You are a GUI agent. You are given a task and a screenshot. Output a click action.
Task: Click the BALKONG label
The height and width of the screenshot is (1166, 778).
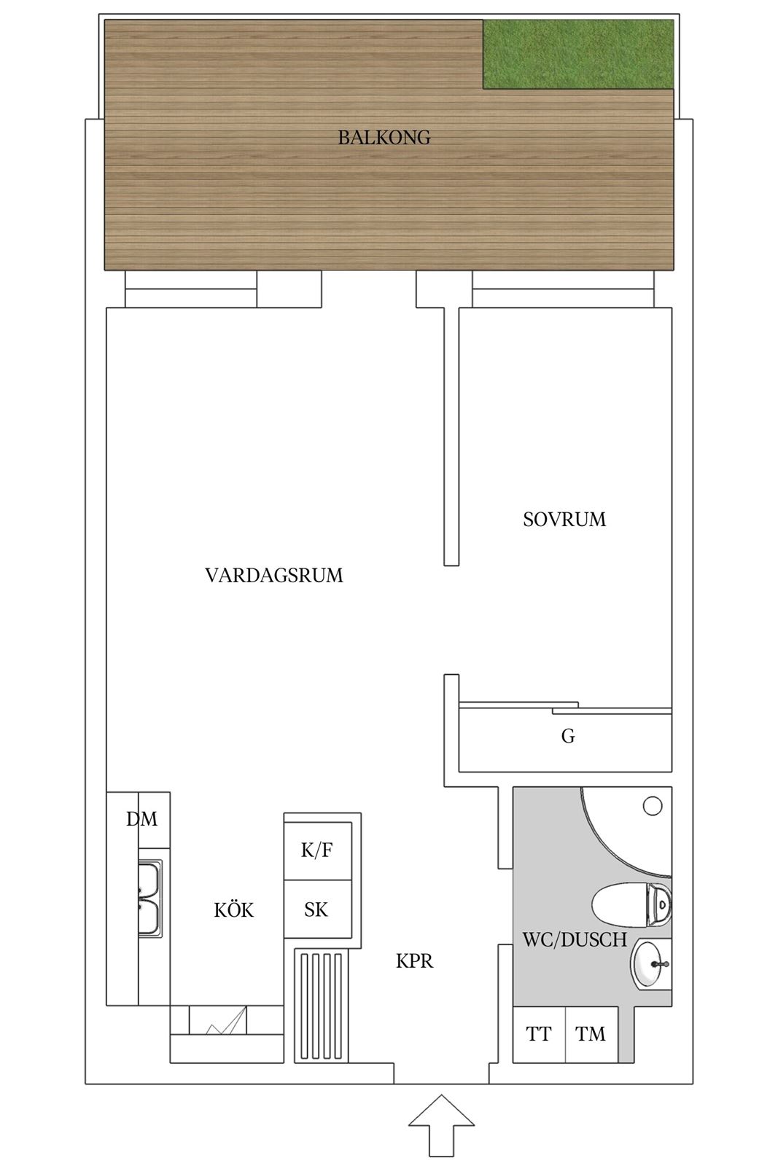[x=384, y=138]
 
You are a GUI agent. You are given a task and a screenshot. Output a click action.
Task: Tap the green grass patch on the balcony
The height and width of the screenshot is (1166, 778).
[x=578, y=54]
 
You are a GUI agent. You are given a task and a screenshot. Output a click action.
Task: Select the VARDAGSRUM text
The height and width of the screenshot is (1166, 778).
[x=274, y=575]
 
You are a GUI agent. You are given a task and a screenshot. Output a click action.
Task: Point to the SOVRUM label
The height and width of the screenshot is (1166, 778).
[x=564, y=520]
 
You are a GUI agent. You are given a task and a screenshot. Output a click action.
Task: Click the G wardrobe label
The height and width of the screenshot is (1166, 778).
[x=568, y=736]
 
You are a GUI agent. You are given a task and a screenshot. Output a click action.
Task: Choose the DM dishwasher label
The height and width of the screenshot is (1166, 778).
[x=141, y=819]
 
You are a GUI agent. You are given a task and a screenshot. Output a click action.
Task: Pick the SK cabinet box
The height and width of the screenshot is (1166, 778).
[x=318, y=909]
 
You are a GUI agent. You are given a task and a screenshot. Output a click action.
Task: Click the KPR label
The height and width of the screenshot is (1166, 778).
[x=414, y=961]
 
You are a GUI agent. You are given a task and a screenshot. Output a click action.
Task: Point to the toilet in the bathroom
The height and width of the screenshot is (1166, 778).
[x=631, y=904]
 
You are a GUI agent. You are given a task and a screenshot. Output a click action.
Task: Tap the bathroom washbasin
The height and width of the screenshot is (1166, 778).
[x=650, y=965]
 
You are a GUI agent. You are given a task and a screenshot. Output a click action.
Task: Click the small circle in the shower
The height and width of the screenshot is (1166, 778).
[x=653, y=806]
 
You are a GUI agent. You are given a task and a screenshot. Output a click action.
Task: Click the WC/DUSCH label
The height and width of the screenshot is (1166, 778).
[x=575, y=940]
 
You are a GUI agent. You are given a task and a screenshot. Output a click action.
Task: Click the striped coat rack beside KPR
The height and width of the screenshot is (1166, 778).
[x=322, y=1005]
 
